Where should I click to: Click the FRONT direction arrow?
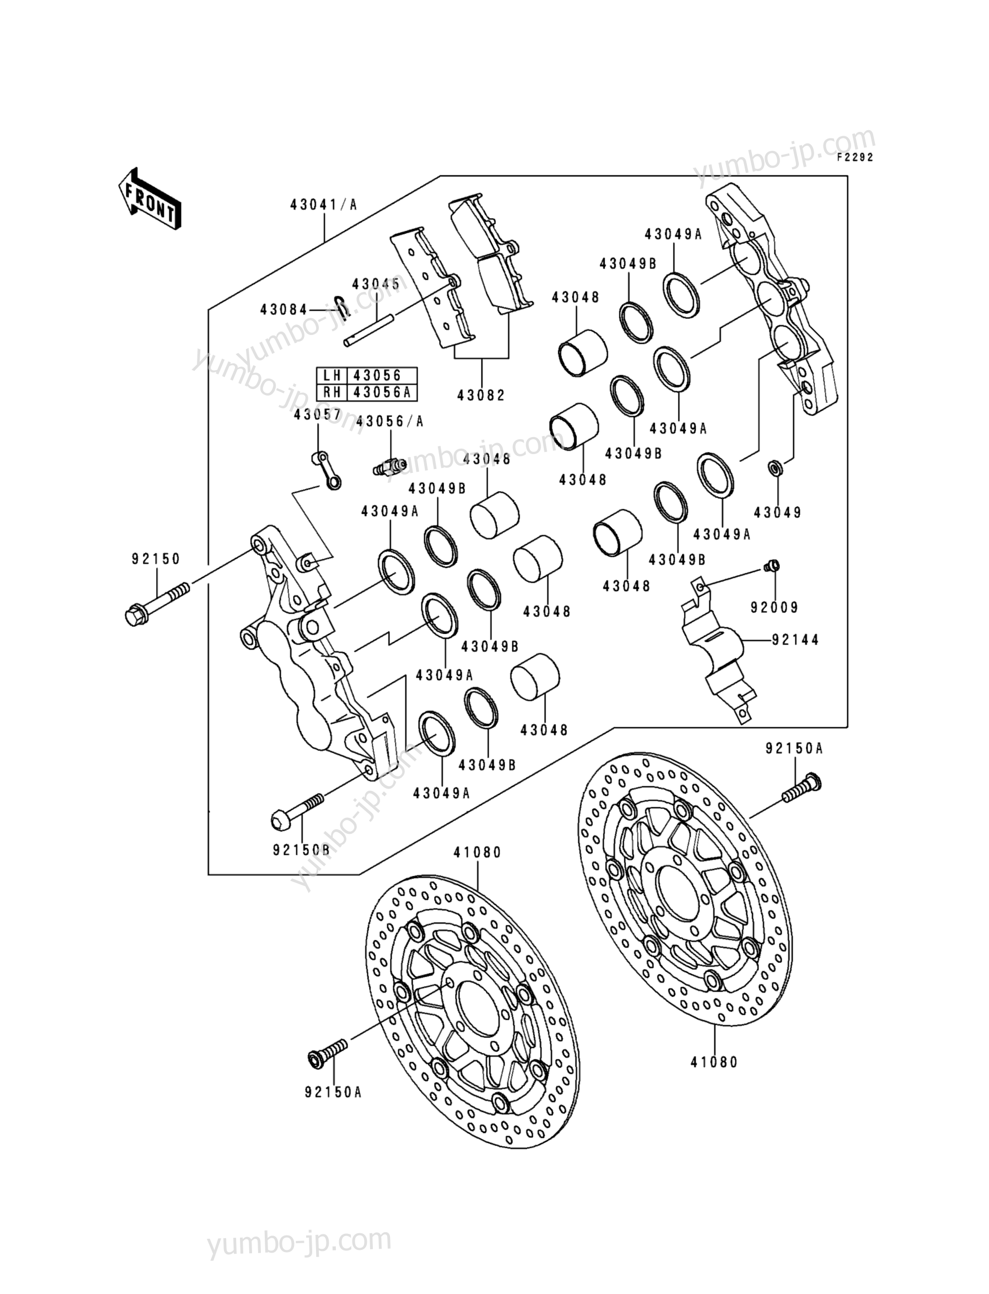pos(149,198)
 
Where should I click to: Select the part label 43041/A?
pos(324,204)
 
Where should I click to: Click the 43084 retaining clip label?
pos(284,309)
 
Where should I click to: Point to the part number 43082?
pos(482,395)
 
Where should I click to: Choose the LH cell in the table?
pos(333,375)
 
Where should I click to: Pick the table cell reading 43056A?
pos(382,392)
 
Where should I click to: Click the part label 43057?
pos(318,415)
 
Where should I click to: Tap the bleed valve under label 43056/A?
pos(389,467)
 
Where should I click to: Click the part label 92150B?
pos(301,850)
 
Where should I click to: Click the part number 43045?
pos(376,284)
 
